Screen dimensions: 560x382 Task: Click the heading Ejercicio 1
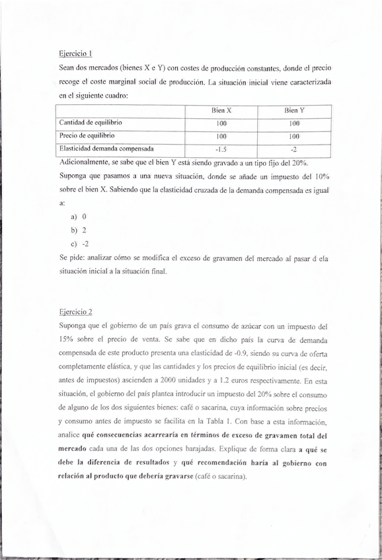point(74,54)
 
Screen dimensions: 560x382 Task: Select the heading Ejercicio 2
point(75,311)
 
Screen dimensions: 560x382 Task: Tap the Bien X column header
point(221,111)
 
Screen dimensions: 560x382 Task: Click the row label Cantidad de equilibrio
point(91,123)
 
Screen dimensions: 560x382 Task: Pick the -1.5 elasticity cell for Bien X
point(221,149)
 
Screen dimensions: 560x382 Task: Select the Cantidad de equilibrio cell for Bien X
point(221,123)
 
